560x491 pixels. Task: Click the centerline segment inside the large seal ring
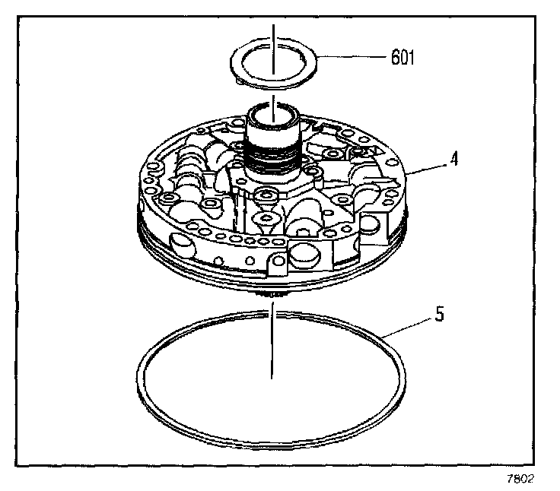point(271,350)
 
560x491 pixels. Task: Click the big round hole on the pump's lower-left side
point(184,244)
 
